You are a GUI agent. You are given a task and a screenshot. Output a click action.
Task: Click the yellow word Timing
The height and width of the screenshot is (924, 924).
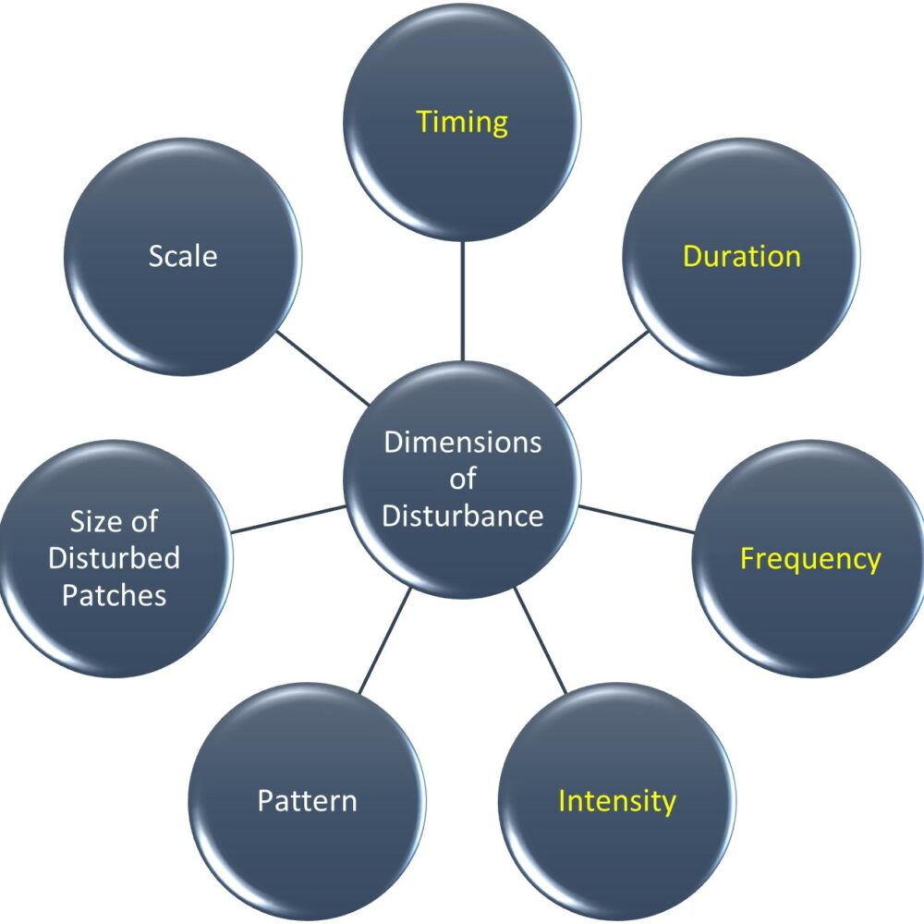tap(462, 122)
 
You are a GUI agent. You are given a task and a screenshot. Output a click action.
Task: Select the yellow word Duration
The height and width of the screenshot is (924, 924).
tap(741, 256)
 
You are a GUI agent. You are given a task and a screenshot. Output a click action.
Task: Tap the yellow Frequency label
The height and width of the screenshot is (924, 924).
tap(810, 559)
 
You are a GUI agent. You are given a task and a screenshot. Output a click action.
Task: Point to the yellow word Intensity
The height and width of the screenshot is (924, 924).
tap(616, 800)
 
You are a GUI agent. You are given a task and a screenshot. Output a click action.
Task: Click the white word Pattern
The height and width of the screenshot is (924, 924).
tap(307, 800)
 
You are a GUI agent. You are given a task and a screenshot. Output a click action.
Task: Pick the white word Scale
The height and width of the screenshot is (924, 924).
tap(183, 256)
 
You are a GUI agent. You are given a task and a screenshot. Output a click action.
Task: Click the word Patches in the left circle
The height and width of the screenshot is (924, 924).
tap(115, 595)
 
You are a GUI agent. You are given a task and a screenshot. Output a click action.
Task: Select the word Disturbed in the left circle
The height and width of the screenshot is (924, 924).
tap(115, 559)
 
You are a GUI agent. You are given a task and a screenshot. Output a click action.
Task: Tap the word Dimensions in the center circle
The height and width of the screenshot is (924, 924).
tap(462, 443)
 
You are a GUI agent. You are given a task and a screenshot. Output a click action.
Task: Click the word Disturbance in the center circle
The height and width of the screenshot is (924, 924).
tap(462, 516)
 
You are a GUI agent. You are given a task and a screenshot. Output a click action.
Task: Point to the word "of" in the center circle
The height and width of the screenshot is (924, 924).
tap(462, 480)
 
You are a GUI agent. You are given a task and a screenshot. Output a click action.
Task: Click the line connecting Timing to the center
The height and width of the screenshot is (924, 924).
tap(462, 300)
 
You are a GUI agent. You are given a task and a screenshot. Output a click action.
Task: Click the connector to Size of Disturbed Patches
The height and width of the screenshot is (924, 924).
tap(288, 519)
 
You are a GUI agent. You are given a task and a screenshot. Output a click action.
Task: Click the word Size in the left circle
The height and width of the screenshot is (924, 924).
tap(90, 522)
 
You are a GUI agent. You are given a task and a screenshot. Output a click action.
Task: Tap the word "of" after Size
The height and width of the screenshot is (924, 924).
tap(141, 522)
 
